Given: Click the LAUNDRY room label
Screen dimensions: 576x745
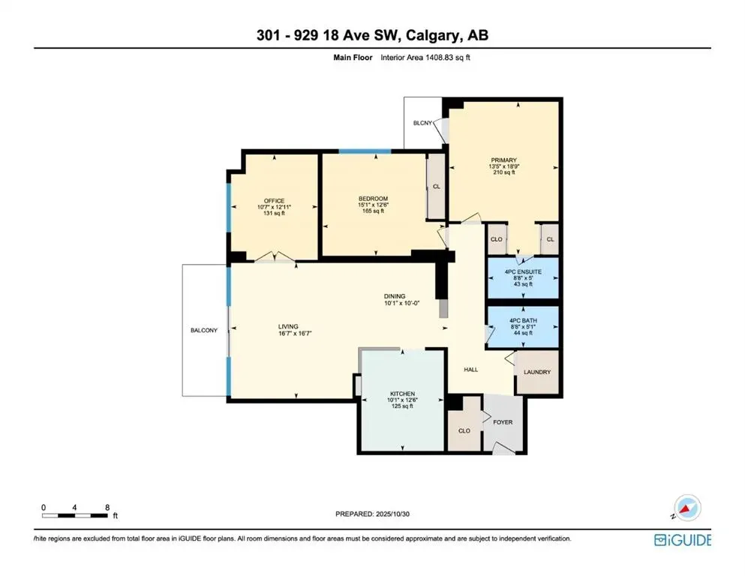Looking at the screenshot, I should [x=537, y=372].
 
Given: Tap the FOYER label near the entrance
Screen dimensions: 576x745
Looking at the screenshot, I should [x=502, y=422].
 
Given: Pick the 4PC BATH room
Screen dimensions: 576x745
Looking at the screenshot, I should [x=523, y=326].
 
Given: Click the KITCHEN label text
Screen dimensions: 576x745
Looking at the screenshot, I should [x=402, y=394].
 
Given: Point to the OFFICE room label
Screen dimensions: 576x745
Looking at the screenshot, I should [x=274, y=201].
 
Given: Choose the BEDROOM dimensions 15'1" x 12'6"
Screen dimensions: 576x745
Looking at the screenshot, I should [x=373, y=205].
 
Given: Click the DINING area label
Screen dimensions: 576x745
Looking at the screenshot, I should [x=395, y=297].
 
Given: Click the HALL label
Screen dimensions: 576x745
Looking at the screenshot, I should [x=470, y=369].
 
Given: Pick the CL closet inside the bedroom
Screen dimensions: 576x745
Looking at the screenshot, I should [x=436, y=186].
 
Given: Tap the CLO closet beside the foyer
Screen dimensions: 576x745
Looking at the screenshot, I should [x=464, y=430].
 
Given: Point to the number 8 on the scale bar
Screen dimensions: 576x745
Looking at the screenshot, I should [x=107, y=507].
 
